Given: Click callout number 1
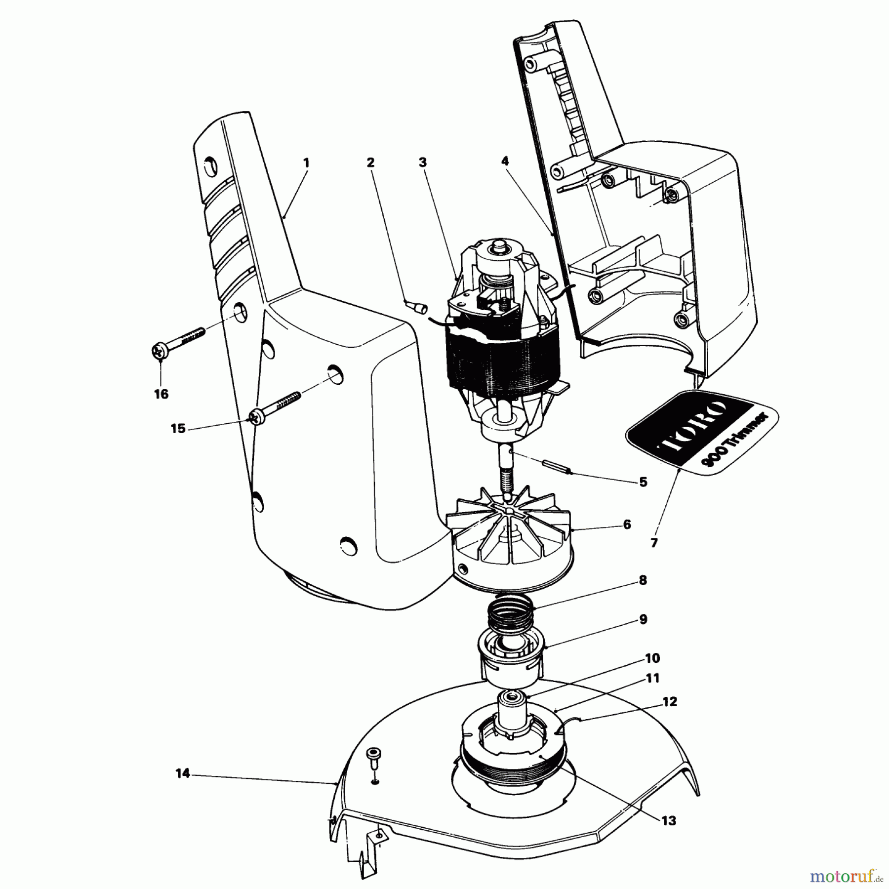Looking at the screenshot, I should [306, 162].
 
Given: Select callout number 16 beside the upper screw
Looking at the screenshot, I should [161, 394].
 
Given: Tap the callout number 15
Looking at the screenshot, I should [178, 428].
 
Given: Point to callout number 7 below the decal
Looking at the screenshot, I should [654, 543].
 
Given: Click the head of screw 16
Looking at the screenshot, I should [160, 351].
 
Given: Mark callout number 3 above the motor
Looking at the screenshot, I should [423, 162].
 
